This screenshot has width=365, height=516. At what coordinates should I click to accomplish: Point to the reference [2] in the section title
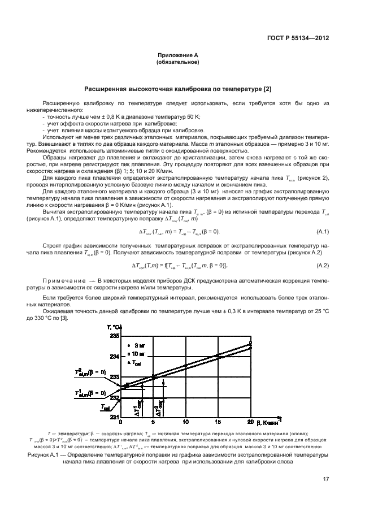(267, 89)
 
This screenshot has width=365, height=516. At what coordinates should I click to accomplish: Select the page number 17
(326, 480)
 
